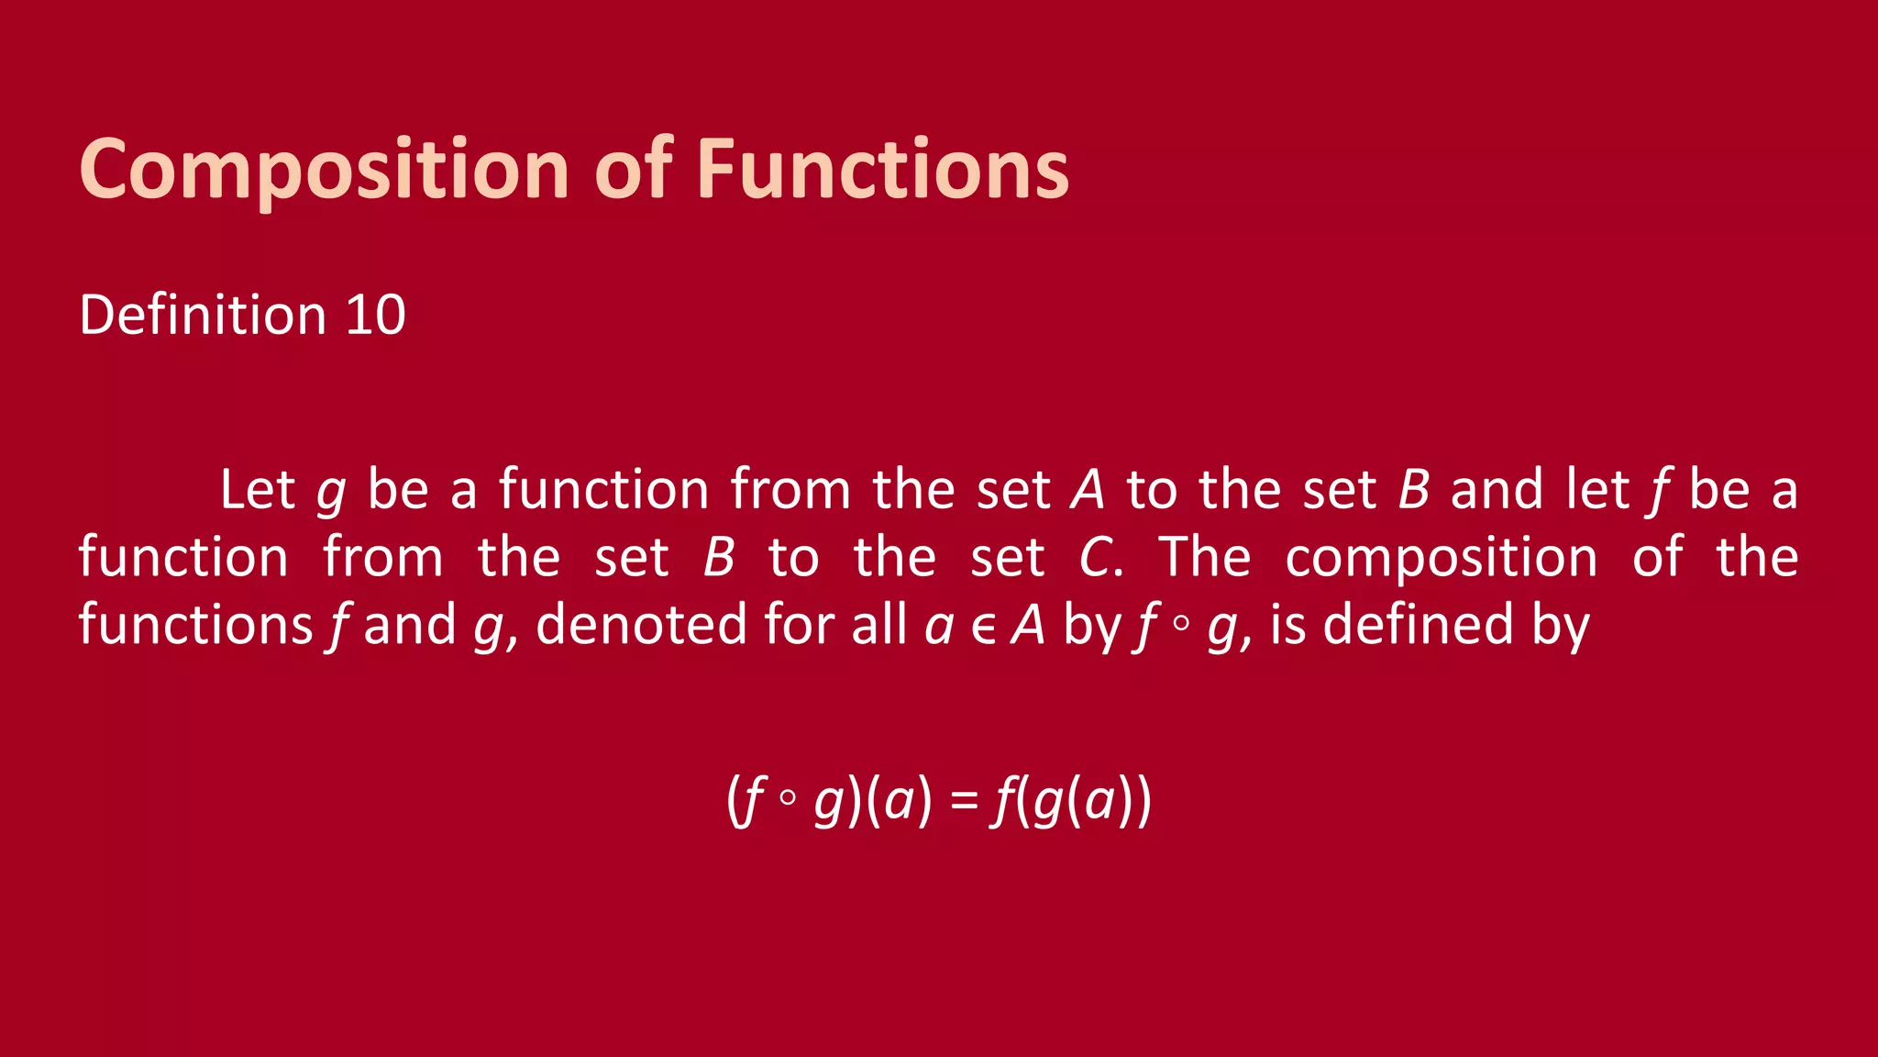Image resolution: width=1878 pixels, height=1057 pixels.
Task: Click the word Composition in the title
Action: click(326, 170)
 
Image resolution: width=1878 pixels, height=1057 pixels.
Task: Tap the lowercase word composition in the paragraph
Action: click(1441, 557)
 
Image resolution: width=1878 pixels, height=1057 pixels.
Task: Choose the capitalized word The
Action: click(1204, 557)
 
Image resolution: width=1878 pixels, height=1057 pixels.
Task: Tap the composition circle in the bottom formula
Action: click(787, 798)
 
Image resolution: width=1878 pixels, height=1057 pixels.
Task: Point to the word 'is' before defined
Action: click(1287, 625)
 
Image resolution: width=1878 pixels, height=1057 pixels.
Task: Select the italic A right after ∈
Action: click(1028, 625)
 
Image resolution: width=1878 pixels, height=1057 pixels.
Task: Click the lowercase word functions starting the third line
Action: click(195, 625)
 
